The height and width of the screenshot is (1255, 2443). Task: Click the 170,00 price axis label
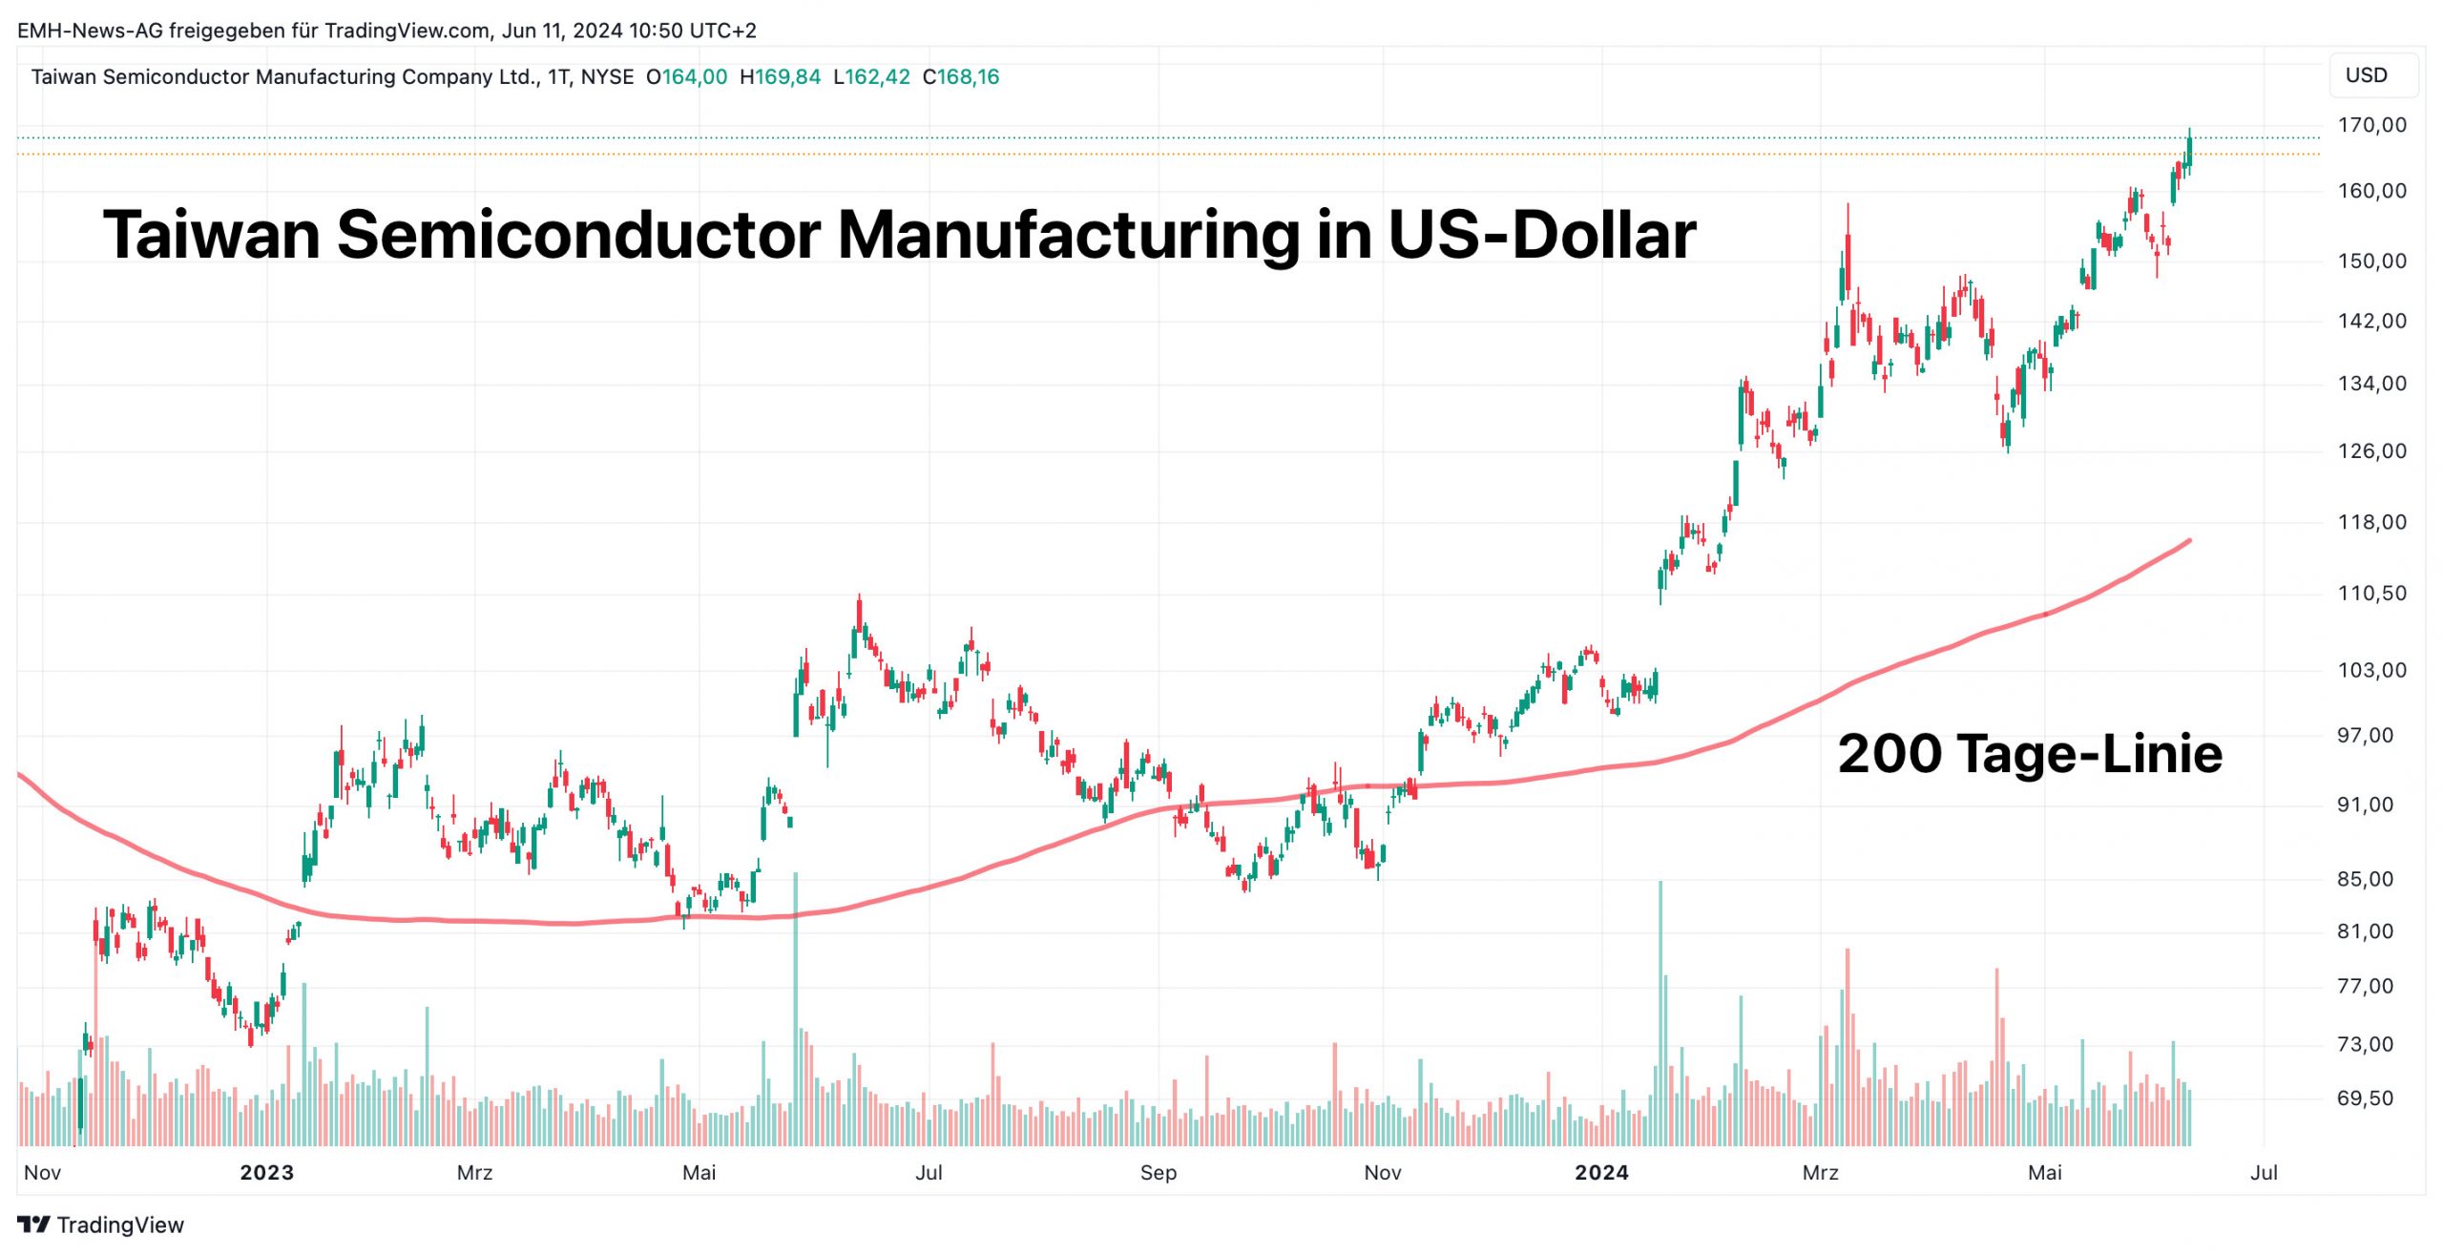[x=2371, y=125]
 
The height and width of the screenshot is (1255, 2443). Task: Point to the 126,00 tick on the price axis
[x=2371, y=450]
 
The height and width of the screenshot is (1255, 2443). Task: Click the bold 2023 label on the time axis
[x=266, y=1173]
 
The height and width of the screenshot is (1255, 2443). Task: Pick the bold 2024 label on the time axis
[x=1601, y=1173]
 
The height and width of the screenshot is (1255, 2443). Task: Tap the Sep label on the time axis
[x=1158, y=1173]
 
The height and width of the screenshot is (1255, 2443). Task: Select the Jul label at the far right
[x=2264, y=1173]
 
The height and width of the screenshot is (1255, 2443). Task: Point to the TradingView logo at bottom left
[x=100, y=1224]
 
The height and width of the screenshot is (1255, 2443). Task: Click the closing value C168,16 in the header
[x=960, y=77]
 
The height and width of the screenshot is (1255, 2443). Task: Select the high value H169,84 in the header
[x=780, y=77]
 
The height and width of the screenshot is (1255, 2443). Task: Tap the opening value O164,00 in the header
[x=686, y=77]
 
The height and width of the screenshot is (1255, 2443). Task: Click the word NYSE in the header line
[x=607, y=77]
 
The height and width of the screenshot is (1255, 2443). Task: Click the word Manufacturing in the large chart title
[x=1067, y=235]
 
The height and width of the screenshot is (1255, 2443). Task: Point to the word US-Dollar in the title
[x=1541, y=235]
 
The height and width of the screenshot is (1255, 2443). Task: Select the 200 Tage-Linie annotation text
[x=2030, y=754]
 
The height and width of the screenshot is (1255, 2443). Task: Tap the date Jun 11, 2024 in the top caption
[x=561, y=31]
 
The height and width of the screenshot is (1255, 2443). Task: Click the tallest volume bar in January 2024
[x=1660, y=1012]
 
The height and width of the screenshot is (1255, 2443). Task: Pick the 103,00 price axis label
[x=2371, y=670]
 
